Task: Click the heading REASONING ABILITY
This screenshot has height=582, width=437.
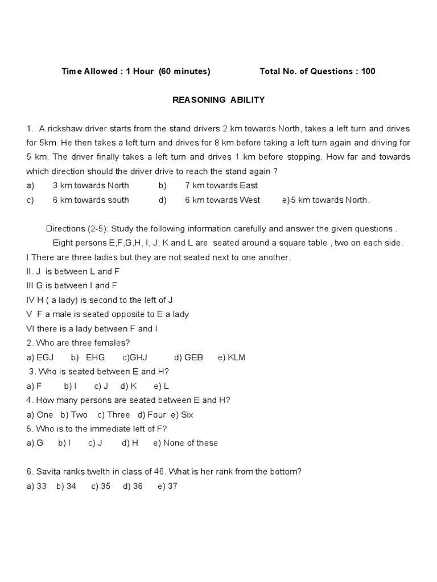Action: point(218,100)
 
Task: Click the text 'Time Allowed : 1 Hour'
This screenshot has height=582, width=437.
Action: point(105,72)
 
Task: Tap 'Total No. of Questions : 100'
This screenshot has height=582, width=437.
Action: point(317,72)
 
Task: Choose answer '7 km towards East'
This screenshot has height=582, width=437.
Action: point(221,185)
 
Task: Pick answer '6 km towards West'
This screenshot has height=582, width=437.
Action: point(222,200)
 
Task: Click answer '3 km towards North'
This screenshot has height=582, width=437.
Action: point(91,185)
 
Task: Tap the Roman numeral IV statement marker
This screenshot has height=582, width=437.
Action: point(31,300)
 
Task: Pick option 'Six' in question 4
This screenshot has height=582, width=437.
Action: point(187,414)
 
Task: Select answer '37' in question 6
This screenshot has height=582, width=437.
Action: point(172,487)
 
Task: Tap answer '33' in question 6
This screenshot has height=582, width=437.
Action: point(41,487)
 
